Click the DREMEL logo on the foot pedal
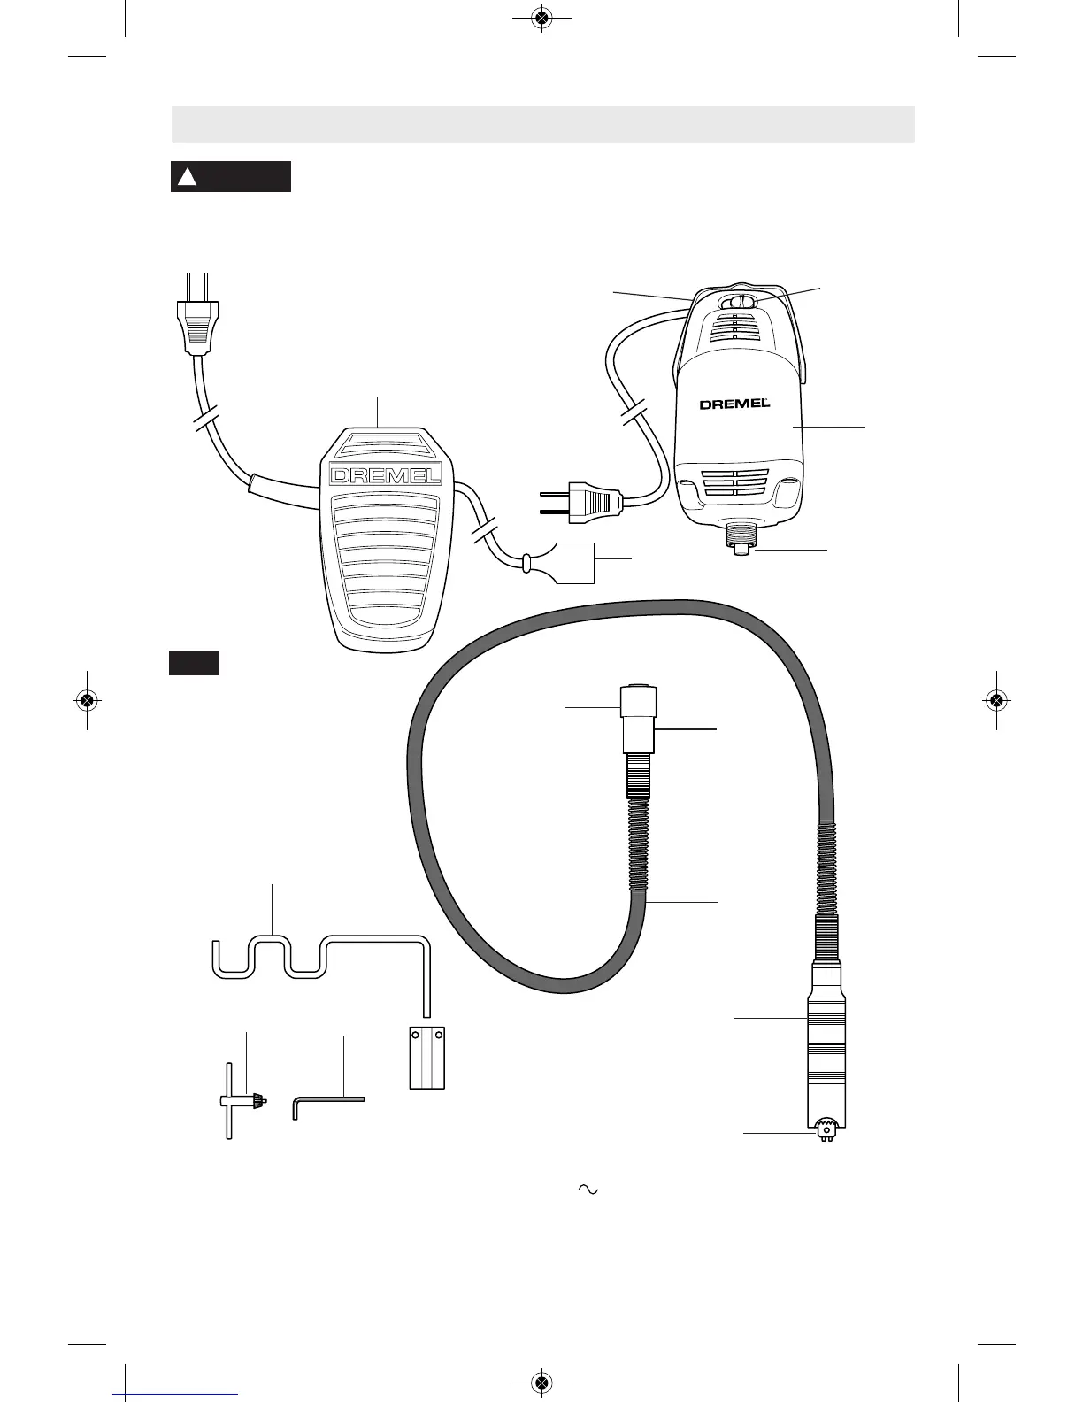click(385, 475)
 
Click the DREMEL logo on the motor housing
click(734, 404)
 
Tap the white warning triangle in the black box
click(186, 177)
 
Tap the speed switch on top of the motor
click(739, 303)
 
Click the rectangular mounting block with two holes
click(426, 1057)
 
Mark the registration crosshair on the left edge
click(86, 699)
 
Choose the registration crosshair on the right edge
click(996, 699)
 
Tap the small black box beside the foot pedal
click(194, 664)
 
